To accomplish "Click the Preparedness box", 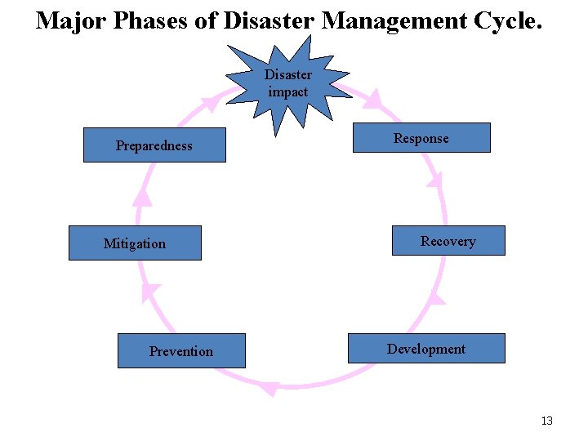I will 154,145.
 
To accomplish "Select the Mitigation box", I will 135,243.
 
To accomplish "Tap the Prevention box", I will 181,351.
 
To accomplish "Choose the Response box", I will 421,138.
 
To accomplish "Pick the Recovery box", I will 448,241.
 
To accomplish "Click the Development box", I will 426,349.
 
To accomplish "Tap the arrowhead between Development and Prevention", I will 269,389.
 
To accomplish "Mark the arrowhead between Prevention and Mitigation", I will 151,292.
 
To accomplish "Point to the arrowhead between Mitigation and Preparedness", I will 143,197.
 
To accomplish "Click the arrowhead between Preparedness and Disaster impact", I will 211,102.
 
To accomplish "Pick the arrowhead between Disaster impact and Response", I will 373,100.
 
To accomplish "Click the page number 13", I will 546,421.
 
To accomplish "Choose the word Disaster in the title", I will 265,20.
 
